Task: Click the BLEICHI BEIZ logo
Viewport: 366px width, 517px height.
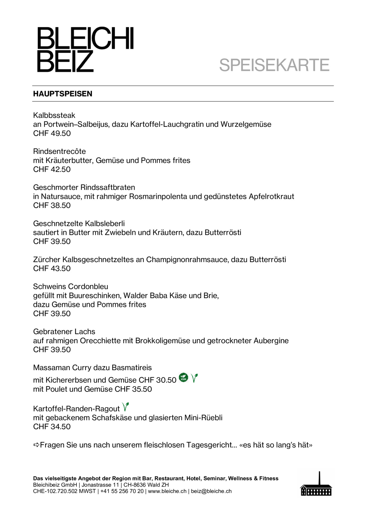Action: click(85, 50)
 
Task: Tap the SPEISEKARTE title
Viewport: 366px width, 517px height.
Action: click(274, 65)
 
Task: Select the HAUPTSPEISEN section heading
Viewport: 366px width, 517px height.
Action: click(63, 94)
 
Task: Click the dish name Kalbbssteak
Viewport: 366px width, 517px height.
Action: click(54, 115)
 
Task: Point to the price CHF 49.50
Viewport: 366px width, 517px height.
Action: click(52, 133)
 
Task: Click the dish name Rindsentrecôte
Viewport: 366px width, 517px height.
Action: click(59, 151)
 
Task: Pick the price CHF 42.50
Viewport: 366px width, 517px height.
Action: click(52, 169)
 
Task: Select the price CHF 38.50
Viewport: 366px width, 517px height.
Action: click(52, 206)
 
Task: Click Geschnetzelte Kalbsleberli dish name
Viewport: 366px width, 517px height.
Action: click(79, 223)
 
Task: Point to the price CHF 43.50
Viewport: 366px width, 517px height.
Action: click(52, 269)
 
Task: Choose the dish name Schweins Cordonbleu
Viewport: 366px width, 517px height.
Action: click(70, 287)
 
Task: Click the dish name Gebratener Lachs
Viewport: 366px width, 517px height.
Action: click(64, 332)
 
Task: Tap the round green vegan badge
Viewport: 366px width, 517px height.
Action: click(183, 378)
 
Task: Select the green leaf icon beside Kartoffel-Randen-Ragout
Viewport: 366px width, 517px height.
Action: click(125, 407)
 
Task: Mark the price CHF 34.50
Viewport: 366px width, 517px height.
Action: click(52, 427)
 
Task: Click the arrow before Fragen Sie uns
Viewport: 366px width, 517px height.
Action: click(36, 445)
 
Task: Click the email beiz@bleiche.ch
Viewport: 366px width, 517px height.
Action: click(211, 491)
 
